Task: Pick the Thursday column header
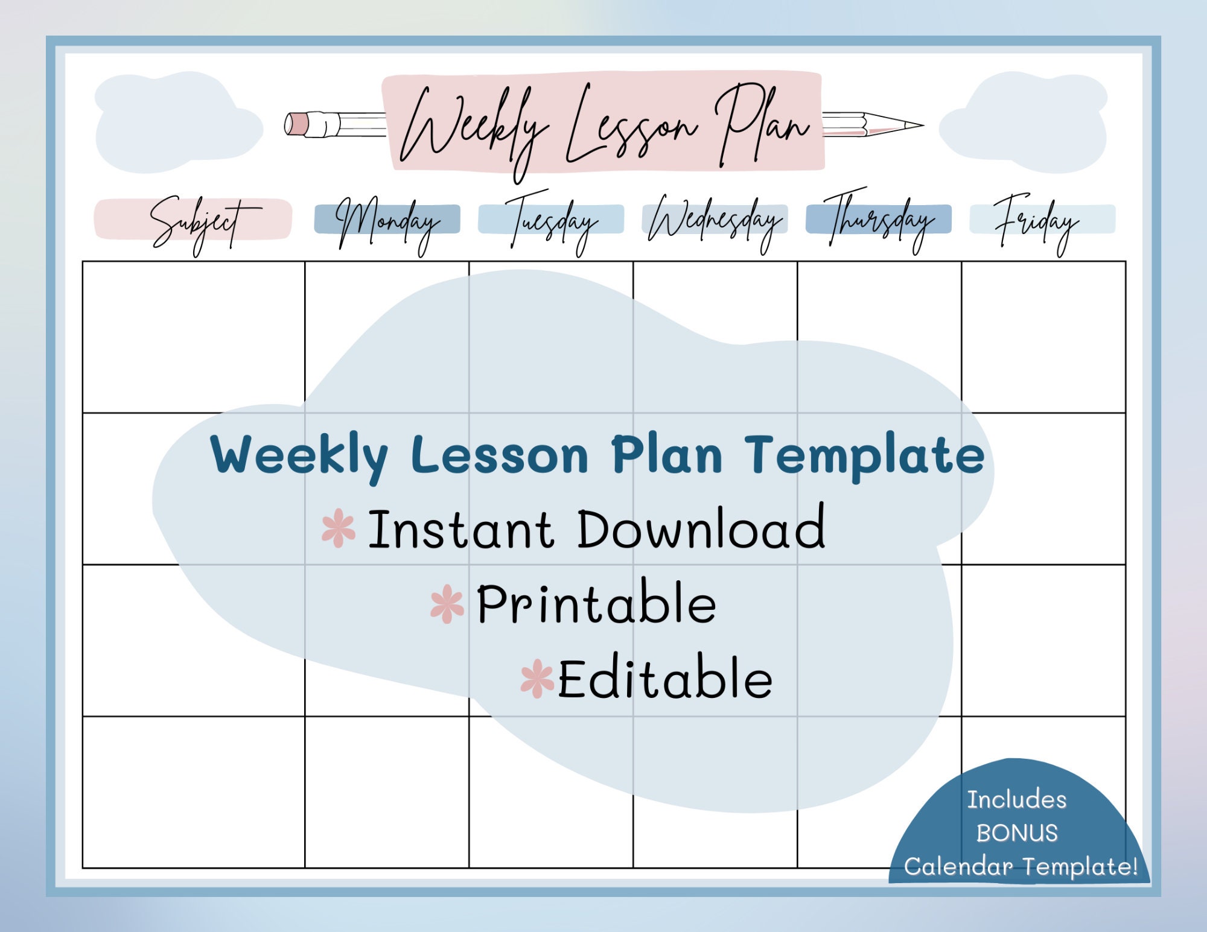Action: click(x=879, y=221)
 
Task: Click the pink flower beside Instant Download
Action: click(x=339, y=528)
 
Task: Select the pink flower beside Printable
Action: click(x=447, y=604)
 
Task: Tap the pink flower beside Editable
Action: click(x=537, y=679)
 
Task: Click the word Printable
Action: click(x=596, y=603)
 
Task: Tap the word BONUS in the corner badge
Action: click(x=1018, y=833)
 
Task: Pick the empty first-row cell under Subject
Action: click(x=194, y=337)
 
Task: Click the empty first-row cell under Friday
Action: click(x=1043, y=337)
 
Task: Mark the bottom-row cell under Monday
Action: click(x=387, y=792)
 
